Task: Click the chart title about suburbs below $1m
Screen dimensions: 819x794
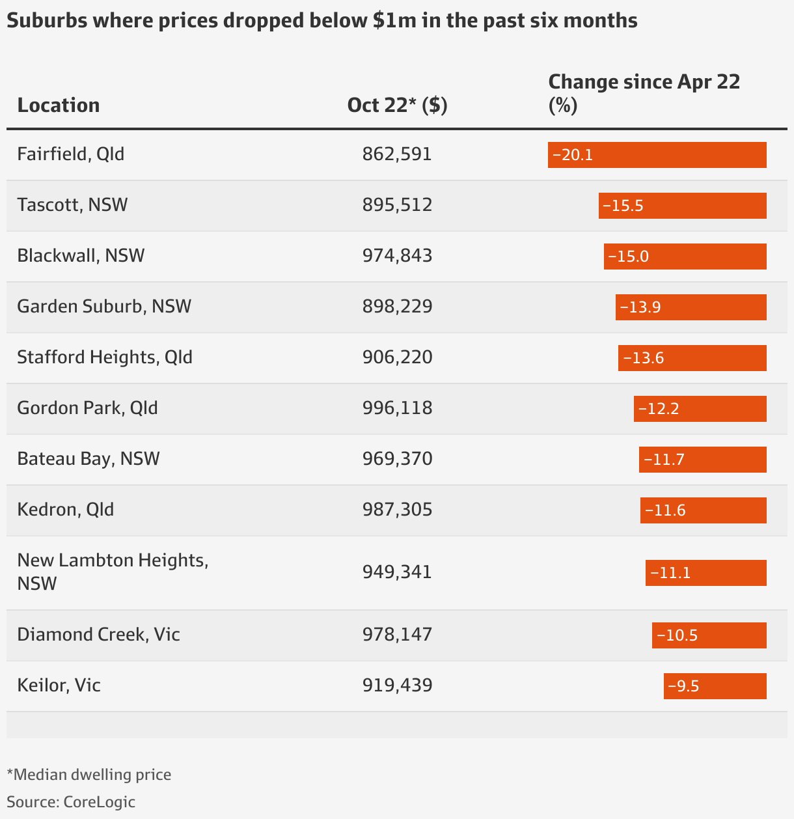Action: (x=322, y=21)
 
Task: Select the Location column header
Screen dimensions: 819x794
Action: (x=59, y=105)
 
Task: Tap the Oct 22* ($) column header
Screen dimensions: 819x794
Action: (x=397, y=105)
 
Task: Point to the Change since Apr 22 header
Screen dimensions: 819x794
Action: (x=644, y=93)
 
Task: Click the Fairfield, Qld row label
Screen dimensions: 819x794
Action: (x=70, y=154)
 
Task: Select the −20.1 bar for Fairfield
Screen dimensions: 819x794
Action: (x=657, y=155)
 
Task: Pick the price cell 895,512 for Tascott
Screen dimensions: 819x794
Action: (x=397, y=205)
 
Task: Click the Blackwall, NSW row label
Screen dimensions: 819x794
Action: (x=81, y=256)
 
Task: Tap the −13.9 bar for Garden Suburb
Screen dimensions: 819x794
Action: (x=691, y=307)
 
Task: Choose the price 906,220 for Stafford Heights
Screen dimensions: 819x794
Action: (x=397, y=357)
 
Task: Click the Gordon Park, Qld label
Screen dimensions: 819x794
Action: (x=87, y=408)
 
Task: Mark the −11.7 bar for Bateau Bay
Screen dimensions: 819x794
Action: (x=702, y=460)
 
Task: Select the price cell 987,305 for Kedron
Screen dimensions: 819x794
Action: (x=397, y=510)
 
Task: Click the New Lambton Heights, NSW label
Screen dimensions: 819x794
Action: (x=112, y=572)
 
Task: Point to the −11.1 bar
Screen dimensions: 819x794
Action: (x=705, y=573)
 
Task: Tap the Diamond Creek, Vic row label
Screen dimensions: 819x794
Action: (x=98, y=635)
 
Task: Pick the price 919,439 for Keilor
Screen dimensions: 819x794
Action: (x=397, y=686)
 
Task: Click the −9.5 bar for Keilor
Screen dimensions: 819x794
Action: (x=715, y=686)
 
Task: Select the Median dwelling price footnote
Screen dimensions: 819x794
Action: (x=89, y=775)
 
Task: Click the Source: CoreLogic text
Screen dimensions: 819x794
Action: (x=71, y=801)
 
